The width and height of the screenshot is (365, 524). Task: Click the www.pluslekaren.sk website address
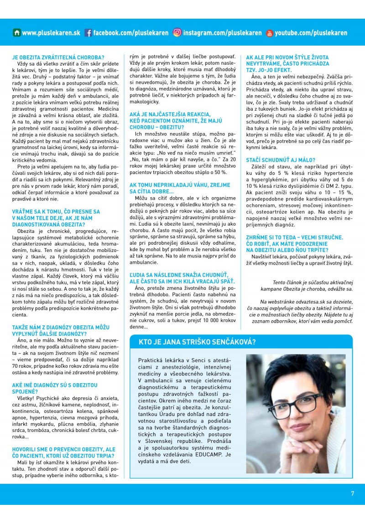click(51, 33)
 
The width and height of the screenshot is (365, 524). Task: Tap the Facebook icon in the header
click(89, 33)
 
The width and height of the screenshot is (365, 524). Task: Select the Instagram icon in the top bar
click(177, 33)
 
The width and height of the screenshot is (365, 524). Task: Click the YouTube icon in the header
click(269, 33)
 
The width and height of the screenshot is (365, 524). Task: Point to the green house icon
click(17, 33)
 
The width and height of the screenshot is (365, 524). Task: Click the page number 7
click(352, 493)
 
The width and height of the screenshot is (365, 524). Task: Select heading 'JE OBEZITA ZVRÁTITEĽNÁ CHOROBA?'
click(58, 58)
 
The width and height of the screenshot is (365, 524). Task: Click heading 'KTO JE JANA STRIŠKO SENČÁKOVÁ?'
click(199, 342)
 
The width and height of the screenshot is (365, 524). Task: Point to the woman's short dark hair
click(292, 374)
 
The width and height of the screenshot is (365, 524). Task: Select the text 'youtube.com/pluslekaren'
click(310, 33)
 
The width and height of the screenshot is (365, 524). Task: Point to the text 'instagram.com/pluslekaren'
click(222, 33)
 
